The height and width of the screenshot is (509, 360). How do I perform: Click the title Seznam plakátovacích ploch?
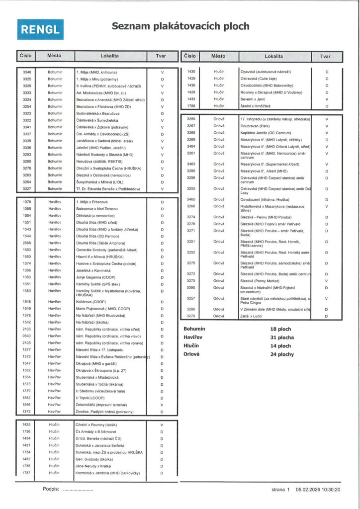[x=180, y=26]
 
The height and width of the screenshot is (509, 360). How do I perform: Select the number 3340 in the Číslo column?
[x=27, y=73]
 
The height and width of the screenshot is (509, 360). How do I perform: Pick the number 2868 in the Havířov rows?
[x=27, y=243]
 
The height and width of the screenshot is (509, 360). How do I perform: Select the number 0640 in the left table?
[x=27, y=336]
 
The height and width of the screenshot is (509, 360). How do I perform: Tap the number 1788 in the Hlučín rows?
[x=191, y=105]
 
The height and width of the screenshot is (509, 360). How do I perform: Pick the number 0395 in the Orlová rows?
[x=191, y=287]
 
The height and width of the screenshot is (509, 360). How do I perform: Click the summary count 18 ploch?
[x=281, y=329]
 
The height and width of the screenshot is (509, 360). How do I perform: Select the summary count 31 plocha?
[x=282, y=338]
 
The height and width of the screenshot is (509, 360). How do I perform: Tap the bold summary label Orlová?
[x=191, y=354]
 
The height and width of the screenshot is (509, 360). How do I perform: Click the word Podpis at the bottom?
[x=51, y=489]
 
